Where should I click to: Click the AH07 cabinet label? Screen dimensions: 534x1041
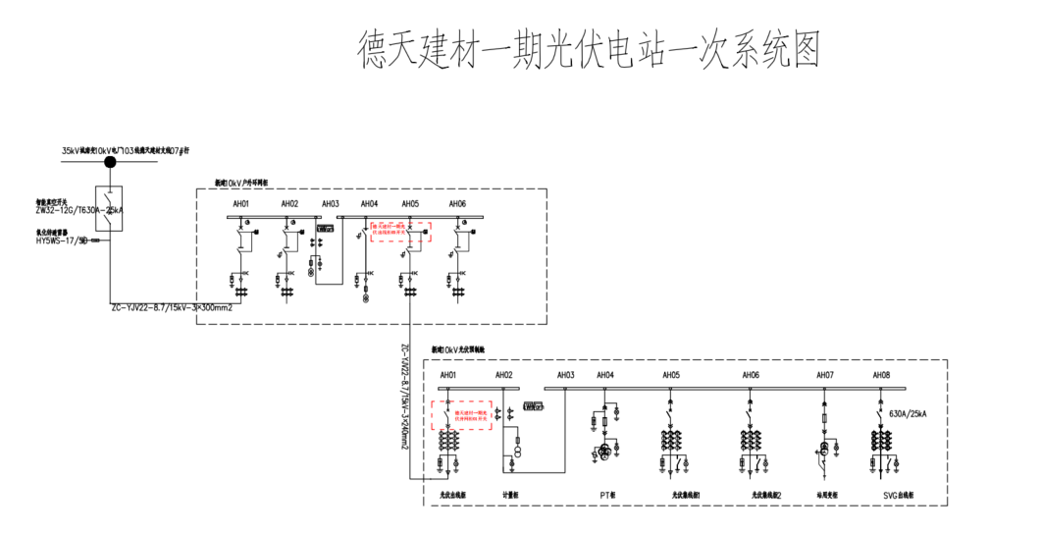point(825,375)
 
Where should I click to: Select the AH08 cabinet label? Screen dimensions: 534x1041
point(881,375)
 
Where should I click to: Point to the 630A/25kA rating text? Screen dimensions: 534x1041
point(907,414)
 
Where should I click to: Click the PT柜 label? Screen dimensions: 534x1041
point(606,496)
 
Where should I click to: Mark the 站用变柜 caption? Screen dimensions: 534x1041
point(826,496)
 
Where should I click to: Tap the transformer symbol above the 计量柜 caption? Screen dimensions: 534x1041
point(520,449)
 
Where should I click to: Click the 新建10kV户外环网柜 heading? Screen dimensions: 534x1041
point(248,184)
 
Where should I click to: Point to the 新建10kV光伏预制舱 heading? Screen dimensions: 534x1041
point(458,349)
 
